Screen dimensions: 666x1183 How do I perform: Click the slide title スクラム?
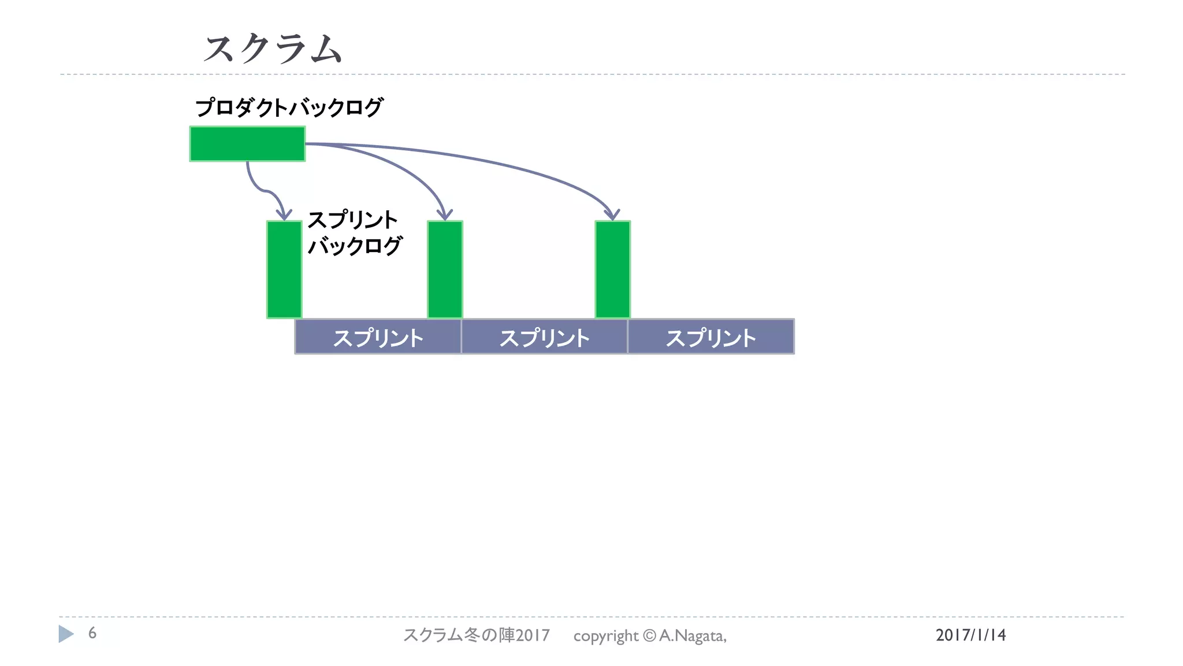[273, 48]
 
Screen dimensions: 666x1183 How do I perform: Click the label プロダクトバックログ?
[289, 108]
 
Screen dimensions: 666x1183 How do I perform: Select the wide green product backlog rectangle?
[247, 144]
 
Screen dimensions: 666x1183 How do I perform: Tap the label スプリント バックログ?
[354, 232]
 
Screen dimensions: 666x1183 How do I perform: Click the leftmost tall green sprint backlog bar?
[284, 269]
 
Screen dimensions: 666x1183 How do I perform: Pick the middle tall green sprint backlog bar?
[445, 269]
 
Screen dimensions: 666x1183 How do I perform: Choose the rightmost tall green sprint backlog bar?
[612, 269]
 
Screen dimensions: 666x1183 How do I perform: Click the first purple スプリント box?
[378, 337]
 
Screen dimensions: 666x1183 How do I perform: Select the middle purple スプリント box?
[544, 337]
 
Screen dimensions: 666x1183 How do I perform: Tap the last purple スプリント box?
[710, 337]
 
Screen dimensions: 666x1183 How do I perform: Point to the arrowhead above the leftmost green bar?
[284, 214]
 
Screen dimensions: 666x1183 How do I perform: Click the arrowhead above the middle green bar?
[445, 214]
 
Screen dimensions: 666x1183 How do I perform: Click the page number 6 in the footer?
[92, 634]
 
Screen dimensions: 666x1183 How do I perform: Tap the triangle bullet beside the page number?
[66, 634]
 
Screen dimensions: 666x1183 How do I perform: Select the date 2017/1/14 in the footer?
[970, 635]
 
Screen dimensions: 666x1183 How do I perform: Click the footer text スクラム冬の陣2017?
[477, 635]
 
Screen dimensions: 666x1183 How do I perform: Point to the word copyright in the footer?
[605, 636]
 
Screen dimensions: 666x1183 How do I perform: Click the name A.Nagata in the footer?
[692, 636]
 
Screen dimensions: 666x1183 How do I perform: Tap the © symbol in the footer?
[649, 636]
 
